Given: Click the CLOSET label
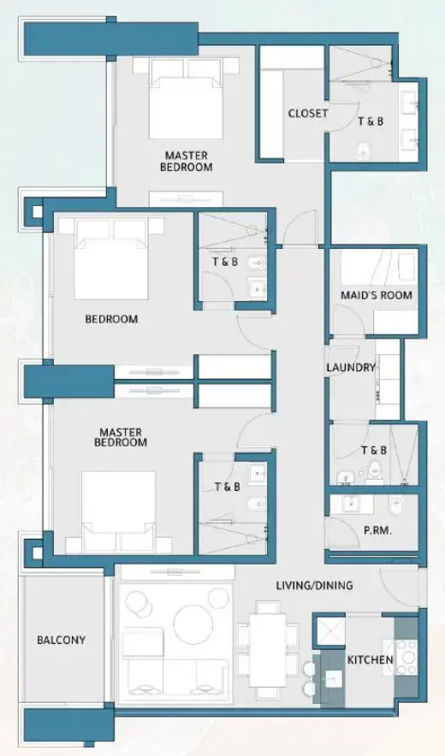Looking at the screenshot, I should point(308,114).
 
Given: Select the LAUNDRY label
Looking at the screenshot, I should point(351,368).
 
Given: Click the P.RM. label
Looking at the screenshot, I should point(377,530).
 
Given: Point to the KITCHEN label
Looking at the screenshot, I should point(370,660).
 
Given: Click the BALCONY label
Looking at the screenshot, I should point(61,640).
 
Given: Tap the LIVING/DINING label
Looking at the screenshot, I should point(314,586).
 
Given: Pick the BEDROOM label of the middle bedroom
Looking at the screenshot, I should point(111,320).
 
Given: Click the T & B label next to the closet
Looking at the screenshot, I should point(370,121).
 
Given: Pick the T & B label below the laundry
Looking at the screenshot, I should point(374,451).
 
